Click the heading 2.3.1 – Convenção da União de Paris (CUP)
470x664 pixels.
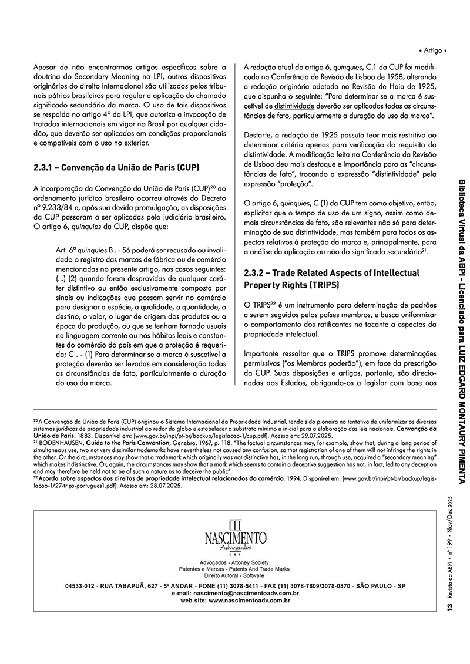tap(111, 167)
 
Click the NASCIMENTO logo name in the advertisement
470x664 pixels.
tap(235, 538)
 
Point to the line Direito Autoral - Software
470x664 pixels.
tap(235, 575)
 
